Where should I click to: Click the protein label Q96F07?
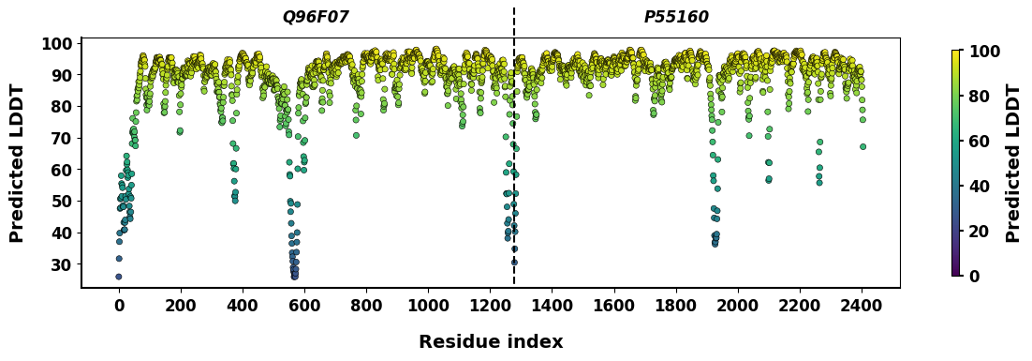(316, 17)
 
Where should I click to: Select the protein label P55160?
(676, 17)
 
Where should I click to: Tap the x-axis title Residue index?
(491, 342)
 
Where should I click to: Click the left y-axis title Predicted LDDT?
(17, 163)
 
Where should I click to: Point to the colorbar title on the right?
(1013, 163)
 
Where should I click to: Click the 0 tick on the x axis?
(119, 305)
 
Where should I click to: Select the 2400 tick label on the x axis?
(862, 305)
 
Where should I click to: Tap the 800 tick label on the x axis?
(366, 305)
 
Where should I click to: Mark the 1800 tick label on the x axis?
(676, 305)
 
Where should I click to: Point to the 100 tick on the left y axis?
(56, 44)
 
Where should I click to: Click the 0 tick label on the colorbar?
(975, 277)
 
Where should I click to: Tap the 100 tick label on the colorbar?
(984, 52)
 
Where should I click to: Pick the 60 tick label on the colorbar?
(980, 142)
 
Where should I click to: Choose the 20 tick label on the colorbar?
(980, 232)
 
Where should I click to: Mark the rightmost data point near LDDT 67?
(862, 146)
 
